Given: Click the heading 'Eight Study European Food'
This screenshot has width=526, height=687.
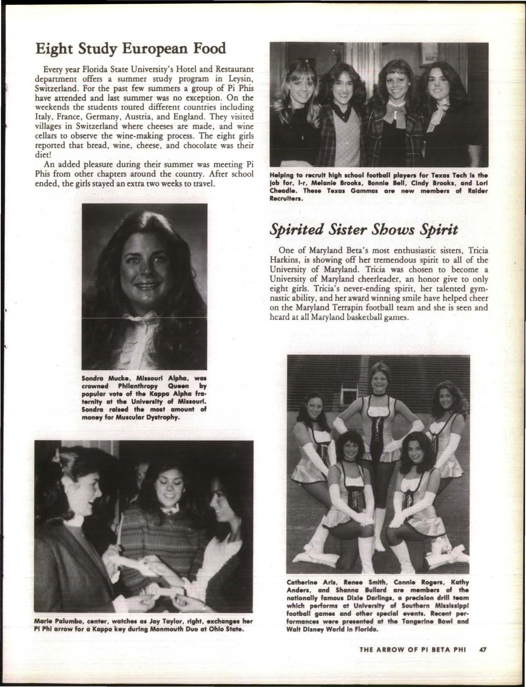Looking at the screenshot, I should click(x=131, y=49).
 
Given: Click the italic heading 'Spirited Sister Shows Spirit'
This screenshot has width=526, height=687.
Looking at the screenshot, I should click(x=364, y=229).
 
